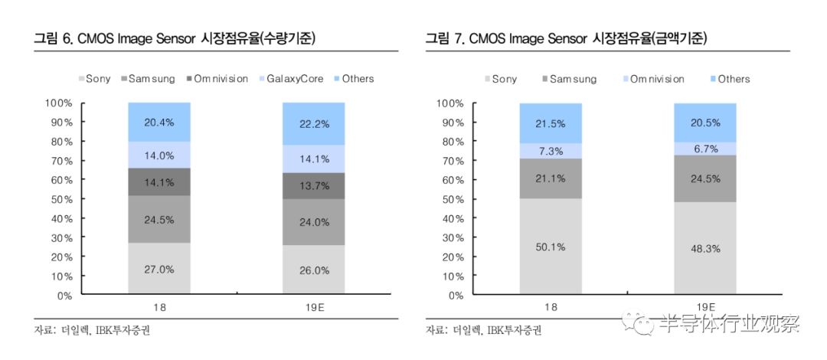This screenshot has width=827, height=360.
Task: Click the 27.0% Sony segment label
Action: tap(159, 269)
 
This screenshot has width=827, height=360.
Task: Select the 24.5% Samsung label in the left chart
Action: tap(159, 220)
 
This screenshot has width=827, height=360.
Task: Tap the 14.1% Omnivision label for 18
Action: tap(159, 182)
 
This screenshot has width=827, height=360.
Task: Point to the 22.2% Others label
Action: tap(314, 123)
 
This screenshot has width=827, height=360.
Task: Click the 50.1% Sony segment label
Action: tap(551, 247)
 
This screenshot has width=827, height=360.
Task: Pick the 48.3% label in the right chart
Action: tap(705, 249)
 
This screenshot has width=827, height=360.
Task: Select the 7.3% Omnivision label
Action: tap(551, 151)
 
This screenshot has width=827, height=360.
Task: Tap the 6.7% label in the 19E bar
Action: tap(705, 149)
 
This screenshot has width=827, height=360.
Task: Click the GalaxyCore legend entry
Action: tap(295, 79)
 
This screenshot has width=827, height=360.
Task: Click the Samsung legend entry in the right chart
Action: tap(573, 79)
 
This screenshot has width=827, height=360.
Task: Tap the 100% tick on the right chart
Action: tap(450, 103)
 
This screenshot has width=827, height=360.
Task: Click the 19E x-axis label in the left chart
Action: tap(314, 307)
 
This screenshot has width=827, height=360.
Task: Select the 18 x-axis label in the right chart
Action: tap(551, 307)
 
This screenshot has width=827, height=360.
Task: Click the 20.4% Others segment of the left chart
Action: tap(159, 121)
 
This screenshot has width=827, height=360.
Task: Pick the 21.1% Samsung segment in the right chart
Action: tap(551, 179)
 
